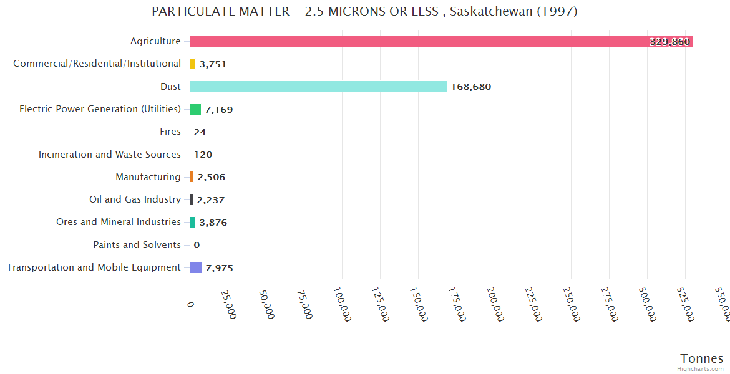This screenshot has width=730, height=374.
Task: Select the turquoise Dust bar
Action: (318, 87)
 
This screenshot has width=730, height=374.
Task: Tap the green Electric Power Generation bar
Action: (195, 110)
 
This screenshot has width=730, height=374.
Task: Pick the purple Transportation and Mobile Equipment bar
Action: (196, 267)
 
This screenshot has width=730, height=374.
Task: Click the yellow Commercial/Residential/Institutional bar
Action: (193, 64)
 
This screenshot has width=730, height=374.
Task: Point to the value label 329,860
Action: (669, 42)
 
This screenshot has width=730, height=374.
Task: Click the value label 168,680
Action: (471, 87)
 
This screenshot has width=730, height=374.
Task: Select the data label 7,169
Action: (219, 110)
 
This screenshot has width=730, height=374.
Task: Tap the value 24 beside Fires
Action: (200, 132)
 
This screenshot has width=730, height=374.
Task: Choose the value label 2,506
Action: (212, 177)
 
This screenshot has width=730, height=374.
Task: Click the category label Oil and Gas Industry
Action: (135, 199)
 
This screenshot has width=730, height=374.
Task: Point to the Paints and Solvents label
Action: (137, 245)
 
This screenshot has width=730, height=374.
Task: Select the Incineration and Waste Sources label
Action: (110, 155)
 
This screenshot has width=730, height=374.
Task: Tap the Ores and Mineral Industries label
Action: (119, 222)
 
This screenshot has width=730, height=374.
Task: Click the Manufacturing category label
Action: (148, 177)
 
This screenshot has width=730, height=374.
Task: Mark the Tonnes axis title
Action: (702, 358)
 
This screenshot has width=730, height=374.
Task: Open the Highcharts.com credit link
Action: (701, 369)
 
